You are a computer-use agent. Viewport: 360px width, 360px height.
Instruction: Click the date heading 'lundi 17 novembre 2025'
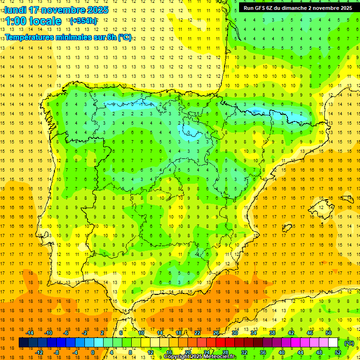point(56,10)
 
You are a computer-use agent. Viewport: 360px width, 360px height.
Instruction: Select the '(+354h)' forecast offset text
point(83,21)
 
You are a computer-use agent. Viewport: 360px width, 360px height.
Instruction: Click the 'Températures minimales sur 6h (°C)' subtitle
point(68,37)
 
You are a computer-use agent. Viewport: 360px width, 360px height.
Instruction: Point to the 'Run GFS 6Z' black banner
point(298,8)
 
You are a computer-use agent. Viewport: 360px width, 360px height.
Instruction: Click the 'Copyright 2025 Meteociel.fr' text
point(200,357)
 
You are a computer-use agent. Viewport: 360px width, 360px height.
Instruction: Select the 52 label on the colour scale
point(338,352)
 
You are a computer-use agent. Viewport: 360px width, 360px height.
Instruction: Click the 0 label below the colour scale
point(93,352)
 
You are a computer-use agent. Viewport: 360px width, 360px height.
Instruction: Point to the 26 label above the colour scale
point(216,333)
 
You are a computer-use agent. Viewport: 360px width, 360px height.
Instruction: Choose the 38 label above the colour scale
point(272,333)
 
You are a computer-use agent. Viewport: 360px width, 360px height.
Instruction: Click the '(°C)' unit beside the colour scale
point(349,343)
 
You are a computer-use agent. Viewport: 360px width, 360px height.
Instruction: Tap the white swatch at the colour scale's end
point(333,343)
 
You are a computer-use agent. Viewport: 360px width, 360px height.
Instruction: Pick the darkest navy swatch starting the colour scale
point(23,343)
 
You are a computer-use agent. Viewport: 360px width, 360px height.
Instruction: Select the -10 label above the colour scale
point(48,333)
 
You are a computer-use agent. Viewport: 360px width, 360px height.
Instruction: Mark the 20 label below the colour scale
point(187,352)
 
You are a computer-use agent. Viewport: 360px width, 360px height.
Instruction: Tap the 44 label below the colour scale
point(300,352)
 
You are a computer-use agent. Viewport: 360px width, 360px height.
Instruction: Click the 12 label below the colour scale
point(150,352)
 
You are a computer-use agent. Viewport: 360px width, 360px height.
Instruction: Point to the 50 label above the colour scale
point(329,333)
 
